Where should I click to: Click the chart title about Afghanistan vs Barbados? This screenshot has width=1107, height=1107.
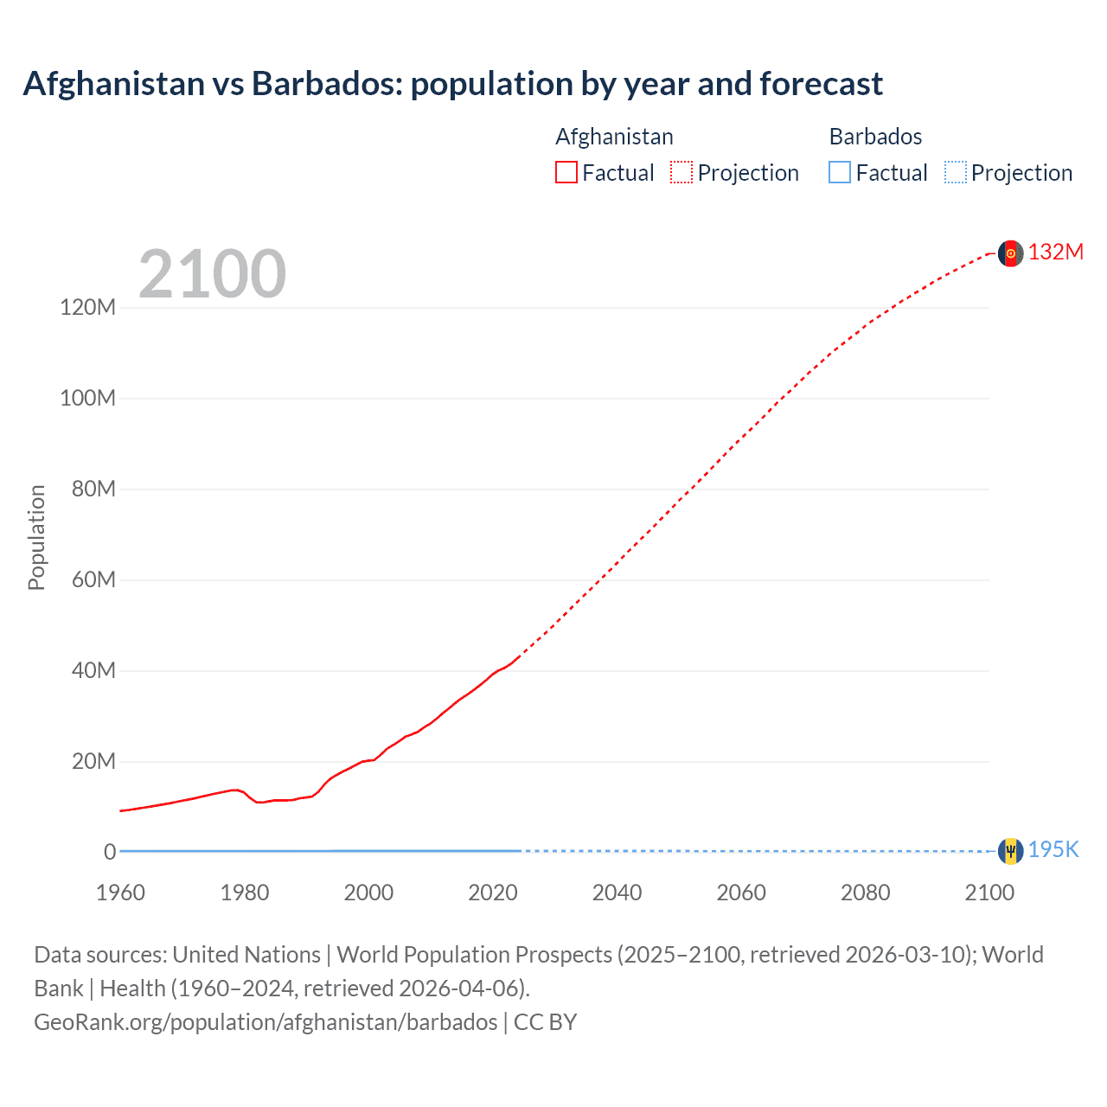pyautogui.click(x=453, y=84)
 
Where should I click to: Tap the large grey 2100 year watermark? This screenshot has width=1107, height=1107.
pyautogui.click(x=212, y=274)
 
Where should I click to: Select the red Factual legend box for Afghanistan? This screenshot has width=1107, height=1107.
pyautogui.click(x=566, y=172)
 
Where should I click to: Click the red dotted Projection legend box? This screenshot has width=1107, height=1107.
pyautogui.click(x=681, y=172)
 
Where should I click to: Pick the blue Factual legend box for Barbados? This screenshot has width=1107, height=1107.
pyautogui.click(x=840, y=172)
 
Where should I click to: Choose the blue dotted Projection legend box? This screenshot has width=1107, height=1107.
pyautogui.click(x=956, y=172)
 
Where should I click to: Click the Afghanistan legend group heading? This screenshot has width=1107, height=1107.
pyautogui.click(x=614, y=137)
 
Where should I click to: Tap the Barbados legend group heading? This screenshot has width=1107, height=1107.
pyautogui.click(x=875, y=137)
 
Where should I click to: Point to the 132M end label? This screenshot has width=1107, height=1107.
pyautogui.click(x=1055, y=252)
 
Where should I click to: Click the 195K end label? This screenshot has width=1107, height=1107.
pyautogui.click(x=1053, y=849)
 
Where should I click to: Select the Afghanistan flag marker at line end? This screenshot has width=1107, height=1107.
pyautogui.click(x=1010, y=253)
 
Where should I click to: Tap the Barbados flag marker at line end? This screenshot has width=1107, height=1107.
pyautogui.click(x=1010, y=851)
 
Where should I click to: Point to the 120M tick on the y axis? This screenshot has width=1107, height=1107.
pyautogui.click(x=87, y=307)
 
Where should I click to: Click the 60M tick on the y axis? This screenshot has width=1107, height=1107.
pyautogui.click(x=93, y=579)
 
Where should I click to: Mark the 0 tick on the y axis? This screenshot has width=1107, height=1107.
pyautogui.click(x=110, y=852)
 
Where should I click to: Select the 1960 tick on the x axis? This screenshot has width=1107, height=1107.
pyautogui.click(x=120, y=893)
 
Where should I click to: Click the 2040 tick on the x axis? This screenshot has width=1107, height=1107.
pyautogui.click(x=617, y=893)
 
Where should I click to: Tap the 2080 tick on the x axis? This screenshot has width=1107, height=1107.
pyautogui.click(x=865, y=893)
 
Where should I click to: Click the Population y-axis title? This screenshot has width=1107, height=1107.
pyautogui.click(x=36, y=537)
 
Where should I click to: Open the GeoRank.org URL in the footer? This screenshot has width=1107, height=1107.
pyautogui.click(x=266, y=1022)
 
